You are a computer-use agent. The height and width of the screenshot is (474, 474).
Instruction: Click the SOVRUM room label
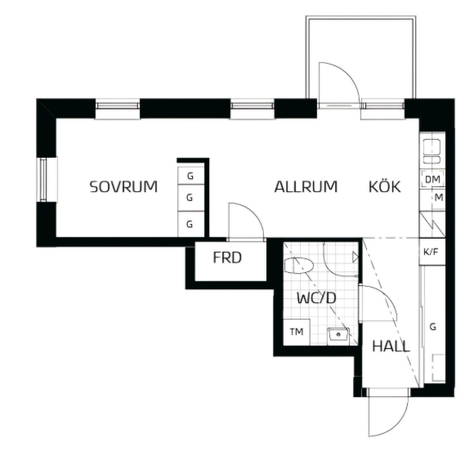tap(123, 186)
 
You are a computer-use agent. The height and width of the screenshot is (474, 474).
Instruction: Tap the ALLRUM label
tap(306, 186)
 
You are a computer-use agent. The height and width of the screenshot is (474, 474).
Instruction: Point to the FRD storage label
tap(227, 257)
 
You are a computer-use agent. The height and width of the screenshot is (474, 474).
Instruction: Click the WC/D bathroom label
tap(316, 298)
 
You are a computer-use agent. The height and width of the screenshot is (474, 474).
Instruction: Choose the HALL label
tap(391, 347)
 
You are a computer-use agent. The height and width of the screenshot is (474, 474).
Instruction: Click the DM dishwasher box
tap(432, 179)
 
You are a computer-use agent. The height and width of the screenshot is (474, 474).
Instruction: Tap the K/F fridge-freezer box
tap(432, 252)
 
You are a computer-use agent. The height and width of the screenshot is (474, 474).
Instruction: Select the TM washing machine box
tap(297, 332)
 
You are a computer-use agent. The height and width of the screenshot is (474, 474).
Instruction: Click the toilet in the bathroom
tap(298, 266)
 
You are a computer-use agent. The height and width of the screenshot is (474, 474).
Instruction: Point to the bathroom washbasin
tap(338, 335)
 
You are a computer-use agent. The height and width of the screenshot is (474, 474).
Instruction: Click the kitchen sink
tap(432, 151)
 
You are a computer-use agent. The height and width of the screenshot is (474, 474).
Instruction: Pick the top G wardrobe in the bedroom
tap(190, 176)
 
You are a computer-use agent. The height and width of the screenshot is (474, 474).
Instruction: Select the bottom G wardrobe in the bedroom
tap(190, 224)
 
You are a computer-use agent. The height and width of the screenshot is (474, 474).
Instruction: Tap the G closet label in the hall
tap(433, 327)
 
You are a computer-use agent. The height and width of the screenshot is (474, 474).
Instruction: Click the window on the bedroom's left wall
tap(44, 180)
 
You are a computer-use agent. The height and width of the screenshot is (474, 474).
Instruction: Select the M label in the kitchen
tap(439, 198)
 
